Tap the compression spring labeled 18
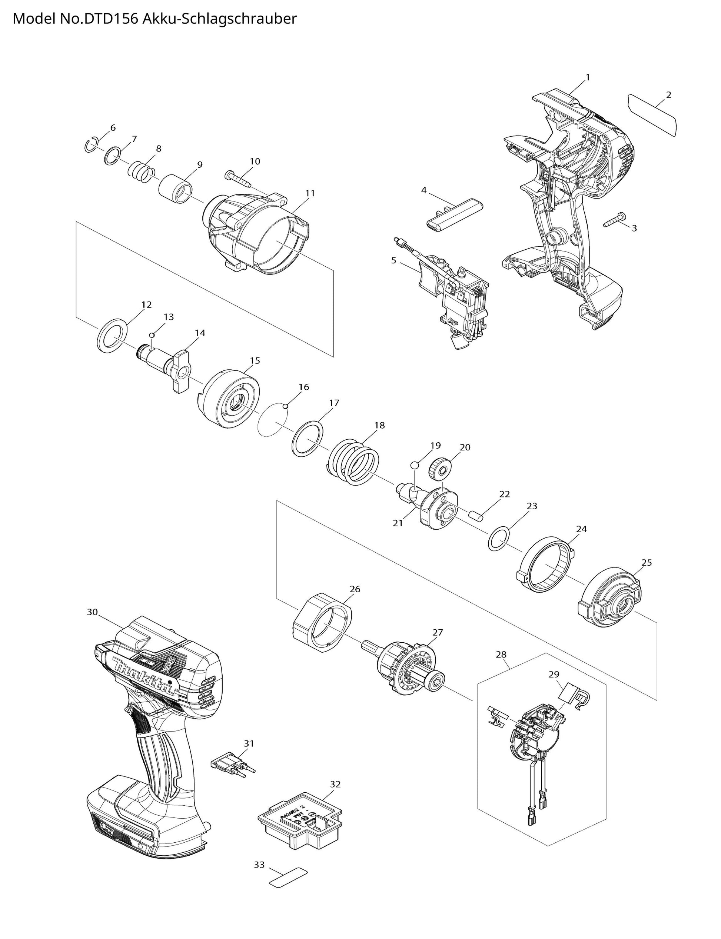354,464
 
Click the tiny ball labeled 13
152,334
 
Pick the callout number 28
501,655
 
